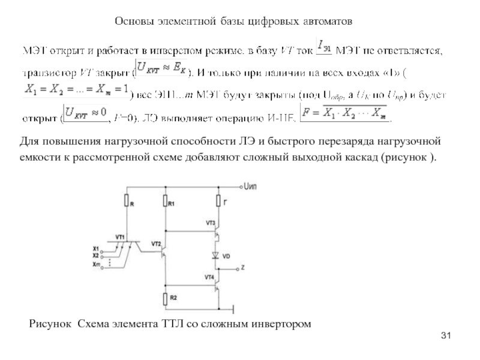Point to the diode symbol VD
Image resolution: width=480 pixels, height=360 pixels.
pos(217,256)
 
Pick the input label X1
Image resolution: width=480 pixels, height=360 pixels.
pos(96,248)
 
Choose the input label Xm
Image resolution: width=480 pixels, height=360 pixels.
pos(96,263)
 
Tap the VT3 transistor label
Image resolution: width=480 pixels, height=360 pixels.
pos(210,223)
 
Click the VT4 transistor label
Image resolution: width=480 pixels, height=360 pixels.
pos(209,277)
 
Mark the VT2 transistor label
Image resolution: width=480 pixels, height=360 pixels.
pos(155,244)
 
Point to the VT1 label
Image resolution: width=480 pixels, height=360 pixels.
pos(120,236)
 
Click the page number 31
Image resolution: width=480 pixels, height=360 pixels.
pos(445,334)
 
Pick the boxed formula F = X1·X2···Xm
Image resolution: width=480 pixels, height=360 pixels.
pos(344,112)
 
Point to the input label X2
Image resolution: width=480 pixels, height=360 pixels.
pos(96,255)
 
